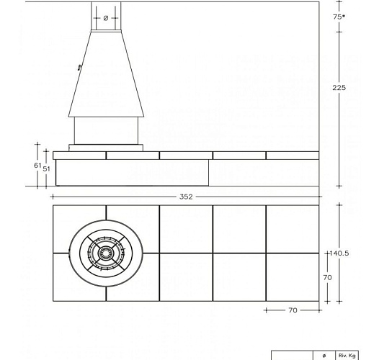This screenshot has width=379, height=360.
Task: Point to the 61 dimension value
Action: [x=38, y=165]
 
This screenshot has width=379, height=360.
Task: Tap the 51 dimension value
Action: [x=46, y=168]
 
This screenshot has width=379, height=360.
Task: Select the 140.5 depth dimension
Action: [x=339, y=253]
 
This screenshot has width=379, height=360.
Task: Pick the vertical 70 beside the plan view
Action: [x=326, y=277]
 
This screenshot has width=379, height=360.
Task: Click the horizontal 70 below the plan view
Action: [x=293, y=310]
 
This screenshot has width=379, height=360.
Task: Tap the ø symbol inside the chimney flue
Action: [x=106, y=17]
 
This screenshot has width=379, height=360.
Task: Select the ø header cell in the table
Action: [x=324, y=356]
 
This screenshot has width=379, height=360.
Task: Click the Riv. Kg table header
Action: [x=347, y=356]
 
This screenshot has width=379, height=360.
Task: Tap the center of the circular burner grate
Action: [x=106, y=253]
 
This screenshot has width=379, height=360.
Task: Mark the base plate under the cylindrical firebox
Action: [x=106, y=147]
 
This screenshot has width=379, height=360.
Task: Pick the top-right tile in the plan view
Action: [x=293, y=229]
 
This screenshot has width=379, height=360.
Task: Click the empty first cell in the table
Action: [x=292, y=356]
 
